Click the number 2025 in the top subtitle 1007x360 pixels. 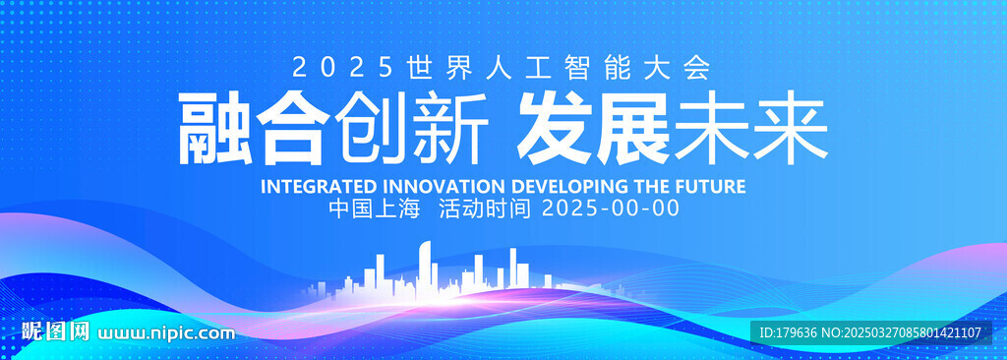pos(341,68)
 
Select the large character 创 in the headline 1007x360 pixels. pos(372,128)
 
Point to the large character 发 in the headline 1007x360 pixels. pos(555,128)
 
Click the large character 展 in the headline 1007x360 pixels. pos(633,128)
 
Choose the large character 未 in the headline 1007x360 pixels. pos(712,128)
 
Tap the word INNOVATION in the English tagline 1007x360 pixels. pos(444,187)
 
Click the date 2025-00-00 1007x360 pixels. pos(611,209)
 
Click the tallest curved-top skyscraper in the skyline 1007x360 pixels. pos(426,270)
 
